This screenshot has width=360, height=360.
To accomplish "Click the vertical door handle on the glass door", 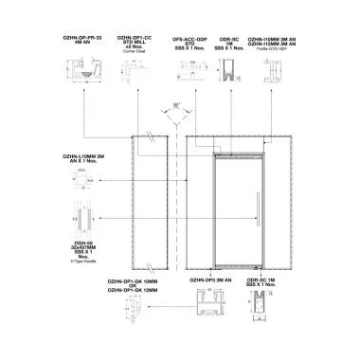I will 256,205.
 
